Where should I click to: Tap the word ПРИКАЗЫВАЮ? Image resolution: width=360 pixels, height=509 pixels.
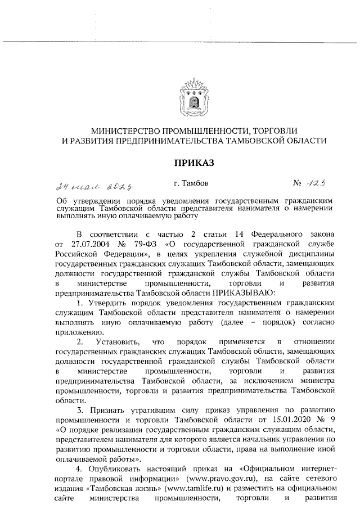(242, 292)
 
